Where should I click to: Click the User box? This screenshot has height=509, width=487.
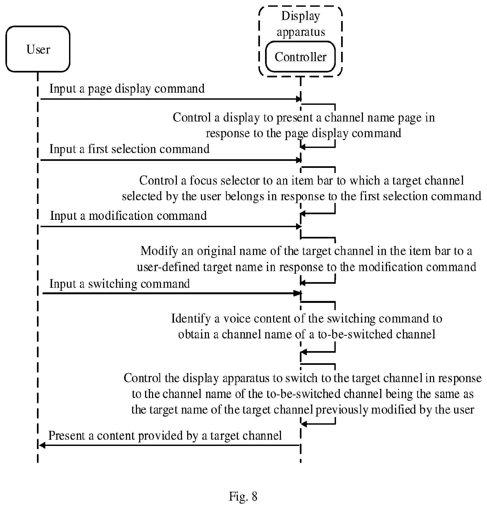[x=38, y=49]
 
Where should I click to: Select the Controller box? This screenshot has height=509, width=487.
[x=300, y=57]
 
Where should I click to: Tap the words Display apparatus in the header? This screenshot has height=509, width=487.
[x=301, y=24]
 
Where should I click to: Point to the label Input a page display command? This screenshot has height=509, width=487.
[x=127, y=89]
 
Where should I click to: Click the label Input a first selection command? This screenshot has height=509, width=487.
[x=129, y=149]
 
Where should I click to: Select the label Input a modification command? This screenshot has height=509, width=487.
[x=129, y=216]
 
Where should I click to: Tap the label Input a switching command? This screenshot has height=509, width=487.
[x=120, y=284]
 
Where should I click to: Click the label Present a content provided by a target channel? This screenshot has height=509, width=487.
[x=165, y=435]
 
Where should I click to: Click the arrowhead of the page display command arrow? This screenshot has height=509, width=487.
[x=299, y=99]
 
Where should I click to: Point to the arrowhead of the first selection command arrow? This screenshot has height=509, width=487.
[x=299, y=160]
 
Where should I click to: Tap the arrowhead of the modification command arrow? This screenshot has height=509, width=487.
[x=299, y=227]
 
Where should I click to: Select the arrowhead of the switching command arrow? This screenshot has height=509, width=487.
[x=299, y=293]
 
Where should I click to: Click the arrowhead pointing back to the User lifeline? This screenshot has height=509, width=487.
[x=42, y=445]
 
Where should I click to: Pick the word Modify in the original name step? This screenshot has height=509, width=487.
[x=159, y=251]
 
